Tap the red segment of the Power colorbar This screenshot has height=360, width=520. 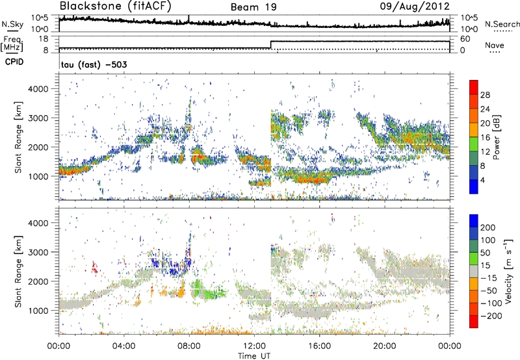click(474, 87)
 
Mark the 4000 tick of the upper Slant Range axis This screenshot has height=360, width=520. click(39, 88)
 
